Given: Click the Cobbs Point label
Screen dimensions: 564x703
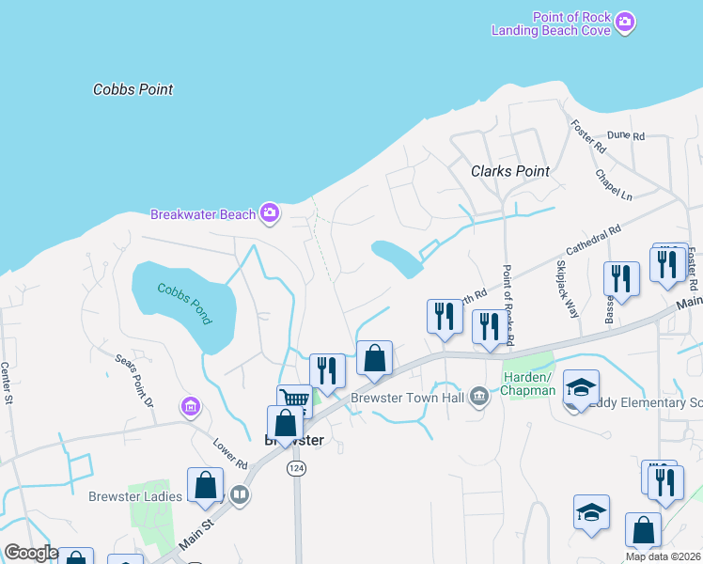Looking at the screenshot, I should (133, 89).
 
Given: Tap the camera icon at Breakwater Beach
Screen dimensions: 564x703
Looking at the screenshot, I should (270, 213).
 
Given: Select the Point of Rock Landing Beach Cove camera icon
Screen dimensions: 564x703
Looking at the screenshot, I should (625, 21).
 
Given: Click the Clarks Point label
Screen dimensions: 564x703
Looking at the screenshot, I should (509, 171).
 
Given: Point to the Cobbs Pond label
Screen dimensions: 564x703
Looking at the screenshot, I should (185, 304).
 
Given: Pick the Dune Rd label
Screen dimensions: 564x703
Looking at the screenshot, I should (625, 136).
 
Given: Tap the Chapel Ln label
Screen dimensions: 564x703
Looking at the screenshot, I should (613, 183).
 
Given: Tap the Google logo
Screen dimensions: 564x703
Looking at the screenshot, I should (31, 553).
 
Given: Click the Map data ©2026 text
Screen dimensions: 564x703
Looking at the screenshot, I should (663, 556).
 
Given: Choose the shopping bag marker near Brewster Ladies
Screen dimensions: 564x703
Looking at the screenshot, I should (205, 486).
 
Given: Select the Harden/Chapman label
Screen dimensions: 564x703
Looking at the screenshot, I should (529, 383).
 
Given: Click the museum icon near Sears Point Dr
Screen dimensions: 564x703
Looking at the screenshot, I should (192, 407).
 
